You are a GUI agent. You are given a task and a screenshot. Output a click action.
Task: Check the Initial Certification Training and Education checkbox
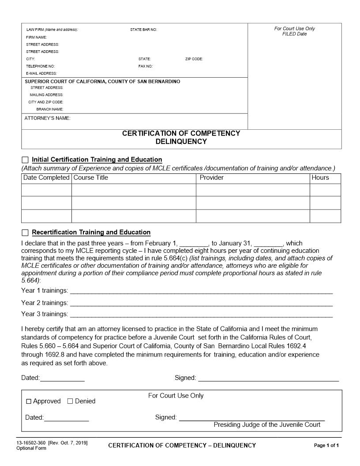tap(25, 160)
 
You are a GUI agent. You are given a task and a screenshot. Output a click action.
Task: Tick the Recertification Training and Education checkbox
tap(25, 233)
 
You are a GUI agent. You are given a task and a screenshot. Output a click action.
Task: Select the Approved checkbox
tap(29, 402)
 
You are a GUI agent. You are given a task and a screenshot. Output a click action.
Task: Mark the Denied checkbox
tap(70, 401)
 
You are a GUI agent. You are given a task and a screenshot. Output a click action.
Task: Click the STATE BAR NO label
tap(143, 30)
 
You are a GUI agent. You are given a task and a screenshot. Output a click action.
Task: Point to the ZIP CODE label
tap(194, 59)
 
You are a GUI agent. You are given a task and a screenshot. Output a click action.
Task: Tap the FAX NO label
tap(146, 66)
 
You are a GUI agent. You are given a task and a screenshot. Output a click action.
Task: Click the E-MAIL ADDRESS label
tap(41, 73)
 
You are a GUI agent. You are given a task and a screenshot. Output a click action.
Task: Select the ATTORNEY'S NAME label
tap(47, 118)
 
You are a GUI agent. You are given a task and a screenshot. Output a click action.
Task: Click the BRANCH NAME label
tap(50, 109)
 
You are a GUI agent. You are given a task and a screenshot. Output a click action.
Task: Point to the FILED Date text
tap(294, 34)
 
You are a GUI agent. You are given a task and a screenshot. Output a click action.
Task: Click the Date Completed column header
tap(46, 177)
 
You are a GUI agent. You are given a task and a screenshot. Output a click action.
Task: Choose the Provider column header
tap(212, 177)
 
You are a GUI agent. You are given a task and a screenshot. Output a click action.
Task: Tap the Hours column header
tap(320, 177)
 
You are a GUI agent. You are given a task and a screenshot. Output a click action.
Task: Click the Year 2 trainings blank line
tap(201, 304)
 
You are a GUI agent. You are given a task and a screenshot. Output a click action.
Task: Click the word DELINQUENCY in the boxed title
tap(181, 142)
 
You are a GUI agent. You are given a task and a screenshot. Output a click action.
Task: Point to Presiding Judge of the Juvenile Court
tap(267, 425)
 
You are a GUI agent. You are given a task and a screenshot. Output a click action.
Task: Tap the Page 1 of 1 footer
tap(326, 445)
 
